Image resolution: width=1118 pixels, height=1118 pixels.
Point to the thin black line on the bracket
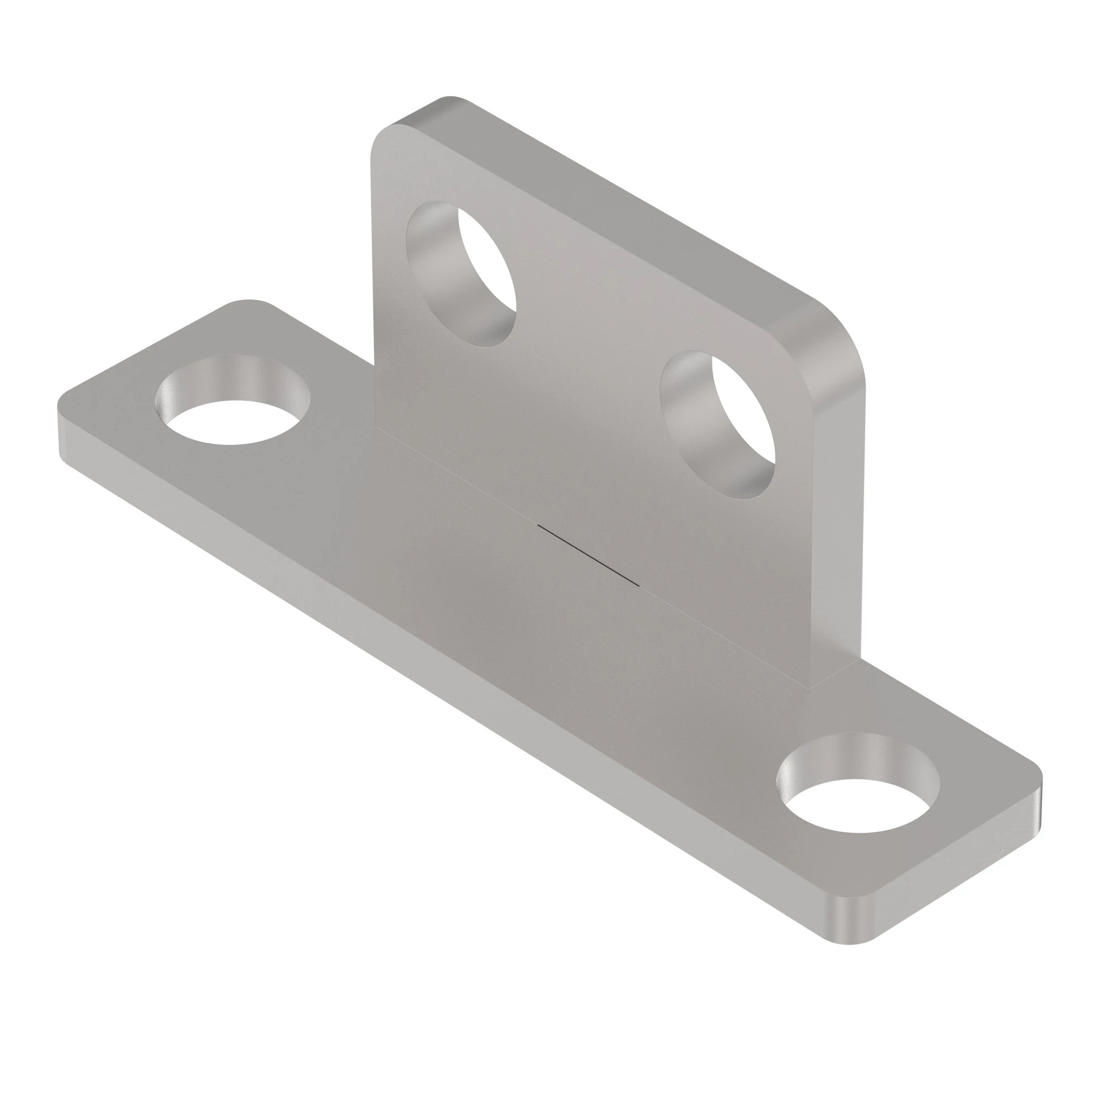point(588,556)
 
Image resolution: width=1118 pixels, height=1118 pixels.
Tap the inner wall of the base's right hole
point(856,755)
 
